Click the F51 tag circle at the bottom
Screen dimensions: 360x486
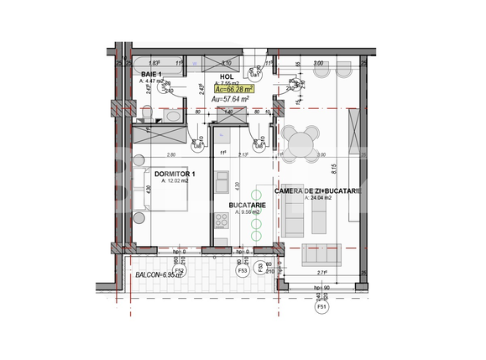coord(321,308)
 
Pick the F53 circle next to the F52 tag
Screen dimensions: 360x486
coord(243,271)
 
